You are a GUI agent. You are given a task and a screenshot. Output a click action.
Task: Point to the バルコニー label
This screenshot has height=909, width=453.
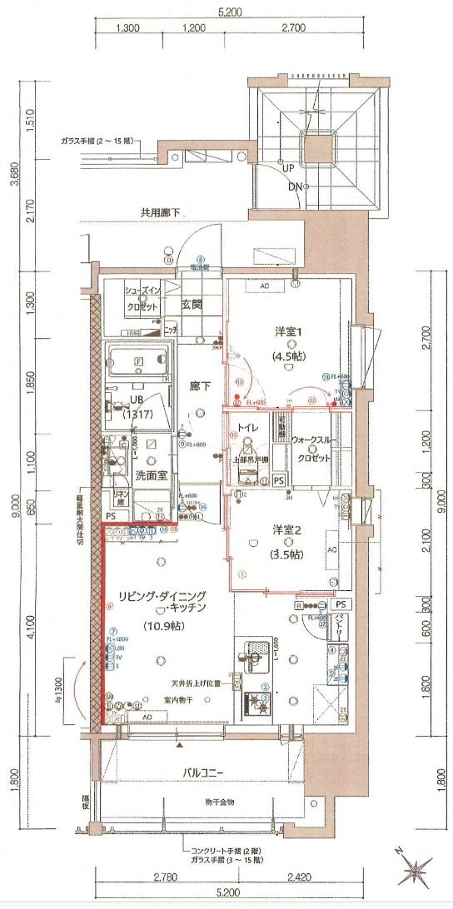(x=204, y=772)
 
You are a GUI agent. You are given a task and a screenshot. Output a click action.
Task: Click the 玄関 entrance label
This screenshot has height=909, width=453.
(x=193, y=304)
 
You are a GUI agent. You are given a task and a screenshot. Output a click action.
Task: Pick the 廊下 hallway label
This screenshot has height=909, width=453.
(x=198, y=386)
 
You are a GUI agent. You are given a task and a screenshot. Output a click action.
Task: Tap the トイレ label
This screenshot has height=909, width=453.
(x=246, y=427)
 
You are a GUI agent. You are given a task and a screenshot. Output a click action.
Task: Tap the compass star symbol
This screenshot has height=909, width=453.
(x=414, y=872)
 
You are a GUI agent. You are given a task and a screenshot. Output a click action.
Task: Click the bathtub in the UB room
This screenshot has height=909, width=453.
(x=137, y=362)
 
